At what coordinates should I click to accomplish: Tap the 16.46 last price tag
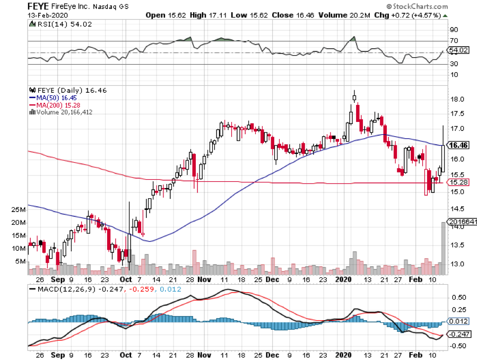(x=458, y=145)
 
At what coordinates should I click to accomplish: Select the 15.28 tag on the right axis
(x=458, y=182)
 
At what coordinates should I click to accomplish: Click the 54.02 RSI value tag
(x=458, y=51)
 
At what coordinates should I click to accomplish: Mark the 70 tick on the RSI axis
(x=454, y=41)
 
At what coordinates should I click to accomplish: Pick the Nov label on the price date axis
(x=204, y=278)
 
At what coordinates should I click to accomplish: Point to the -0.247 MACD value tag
(x=458, y=334)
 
